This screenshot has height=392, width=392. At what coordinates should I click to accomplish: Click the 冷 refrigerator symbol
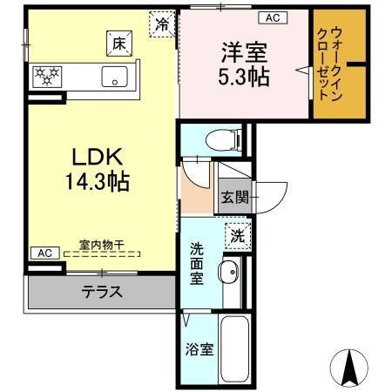[162, 24]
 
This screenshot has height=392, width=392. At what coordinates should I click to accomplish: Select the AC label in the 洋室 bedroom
[272, 17]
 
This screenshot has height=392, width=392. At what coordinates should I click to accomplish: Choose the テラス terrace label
[102, 292]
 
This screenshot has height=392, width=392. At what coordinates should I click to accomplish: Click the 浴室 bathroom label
[198, 349]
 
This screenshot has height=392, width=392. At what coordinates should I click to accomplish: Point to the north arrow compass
[350, 367]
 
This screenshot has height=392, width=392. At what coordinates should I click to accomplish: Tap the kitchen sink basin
[115, 77]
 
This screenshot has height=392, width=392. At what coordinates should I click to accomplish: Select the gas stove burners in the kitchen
[46, 77]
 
